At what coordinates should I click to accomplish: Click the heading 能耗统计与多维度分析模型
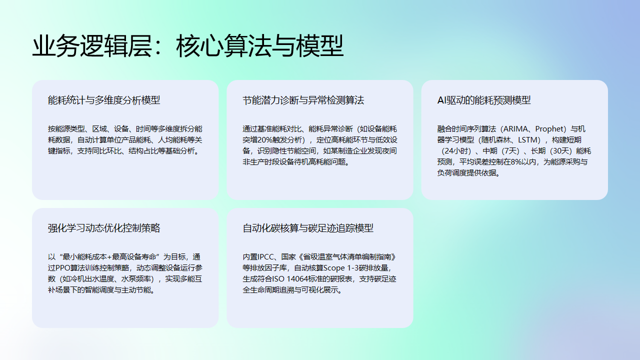click(103, 101)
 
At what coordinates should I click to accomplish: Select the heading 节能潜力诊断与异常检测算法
click(303, 101)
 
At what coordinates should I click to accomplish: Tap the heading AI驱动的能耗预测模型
click(484, 101)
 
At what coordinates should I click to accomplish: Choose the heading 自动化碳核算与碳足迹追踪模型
click(308, 228)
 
